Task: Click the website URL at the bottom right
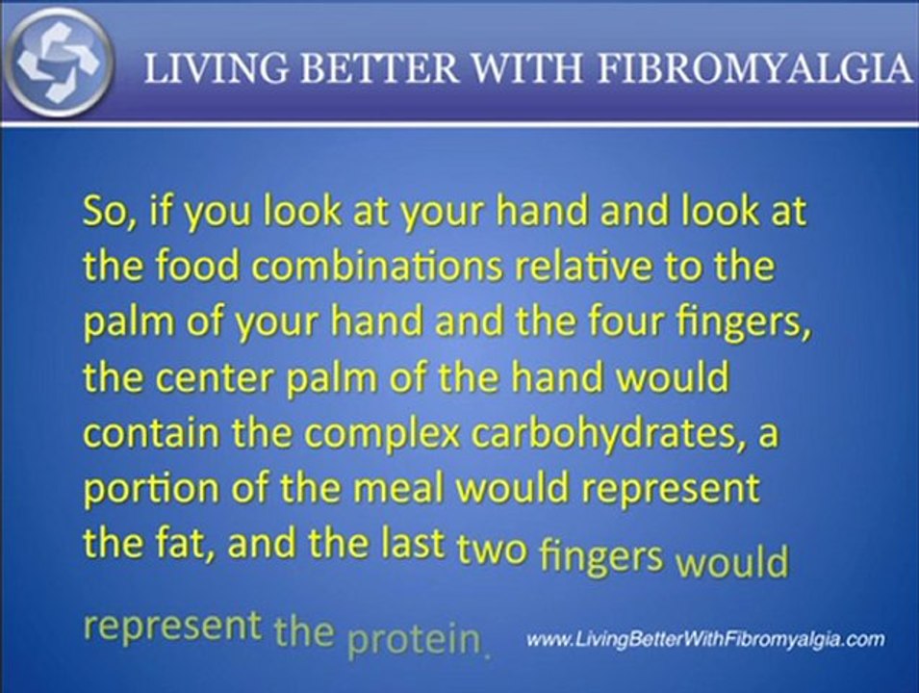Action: (706, 639)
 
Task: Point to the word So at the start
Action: (107, 212)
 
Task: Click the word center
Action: (235, 377)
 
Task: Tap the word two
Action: (494, 549)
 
